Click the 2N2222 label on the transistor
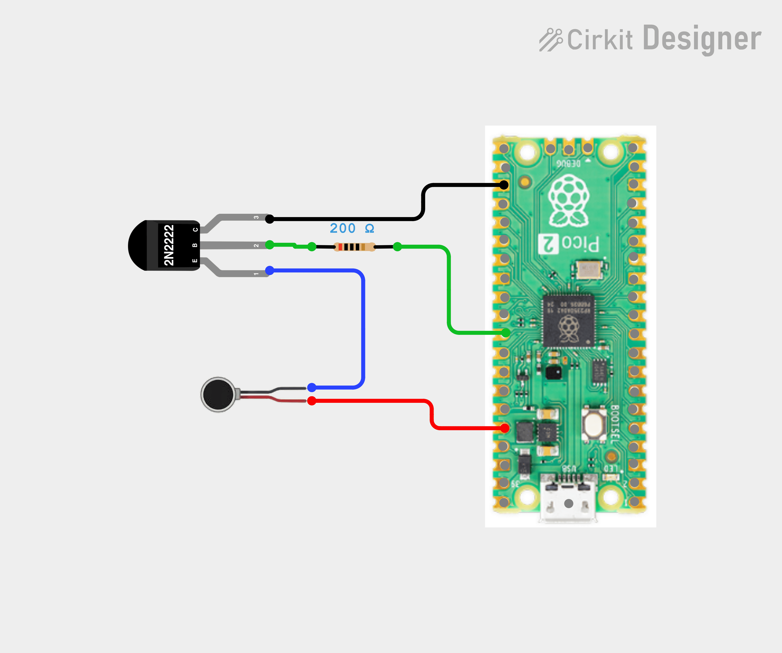[x=169, y=245]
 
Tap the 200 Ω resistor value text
[x=351, y=228]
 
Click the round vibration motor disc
[x=218, y=395]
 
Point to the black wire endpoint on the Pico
[x=504, y=185]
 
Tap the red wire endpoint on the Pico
[x=505, y=428]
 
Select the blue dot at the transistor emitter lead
[x=270, y=270]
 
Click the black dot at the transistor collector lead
[x=270, y=219]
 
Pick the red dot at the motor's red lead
[x=312, y=401]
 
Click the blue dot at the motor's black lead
[x=312, y=387]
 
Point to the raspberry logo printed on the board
[x=569, y=201]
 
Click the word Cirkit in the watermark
[x=599, y=39]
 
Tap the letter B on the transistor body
[x=194, y=245]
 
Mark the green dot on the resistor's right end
[x=397, y=246]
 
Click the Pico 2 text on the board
[x=569, y=244]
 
